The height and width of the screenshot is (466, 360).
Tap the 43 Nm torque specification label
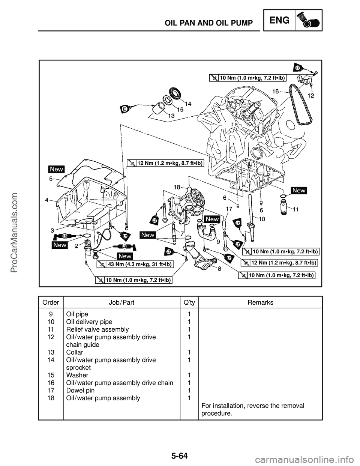point(139,265)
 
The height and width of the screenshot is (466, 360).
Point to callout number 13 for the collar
point(170,116)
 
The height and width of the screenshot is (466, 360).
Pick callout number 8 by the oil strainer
point(219,269)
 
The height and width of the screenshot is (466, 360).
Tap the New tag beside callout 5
point(56,169)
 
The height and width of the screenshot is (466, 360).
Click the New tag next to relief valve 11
point(299,190)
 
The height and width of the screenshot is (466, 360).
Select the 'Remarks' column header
point(261,302)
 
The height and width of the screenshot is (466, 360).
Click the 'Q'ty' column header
point(189,302)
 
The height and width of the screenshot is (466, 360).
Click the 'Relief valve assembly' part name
point(97,329)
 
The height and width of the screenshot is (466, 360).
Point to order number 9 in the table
point(50,314)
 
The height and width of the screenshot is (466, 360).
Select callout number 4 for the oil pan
point(47,200)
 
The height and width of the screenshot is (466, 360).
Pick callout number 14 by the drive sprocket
point(187,104)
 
